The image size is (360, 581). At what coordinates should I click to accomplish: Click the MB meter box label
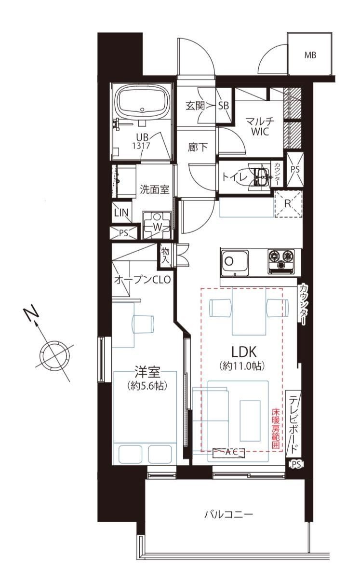[x=310, y=55]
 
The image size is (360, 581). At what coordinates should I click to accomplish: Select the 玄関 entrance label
[x=195, y=106]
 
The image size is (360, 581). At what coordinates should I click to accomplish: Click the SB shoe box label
[x=224, y=106]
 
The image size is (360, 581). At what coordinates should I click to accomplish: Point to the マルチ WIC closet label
[x=260, y=126]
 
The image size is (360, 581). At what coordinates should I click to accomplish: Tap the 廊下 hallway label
[x=198, y=147]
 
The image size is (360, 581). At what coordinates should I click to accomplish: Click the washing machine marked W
[x=157, y=225]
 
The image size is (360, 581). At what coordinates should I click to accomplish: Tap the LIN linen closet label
[x=121, y=213]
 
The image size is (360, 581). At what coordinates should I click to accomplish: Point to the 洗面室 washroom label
[x=155, y=189]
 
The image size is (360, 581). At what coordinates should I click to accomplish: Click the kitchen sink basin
[x=234, y=262]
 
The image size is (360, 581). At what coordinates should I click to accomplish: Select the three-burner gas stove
[x=281, y=261]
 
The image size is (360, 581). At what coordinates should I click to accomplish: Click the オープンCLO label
[x=142, y=280]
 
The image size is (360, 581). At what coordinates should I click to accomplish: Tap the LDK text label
[x=244, y=352]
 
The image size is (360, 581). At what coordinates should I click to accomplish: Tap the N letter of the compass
[x=31, y=315]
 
